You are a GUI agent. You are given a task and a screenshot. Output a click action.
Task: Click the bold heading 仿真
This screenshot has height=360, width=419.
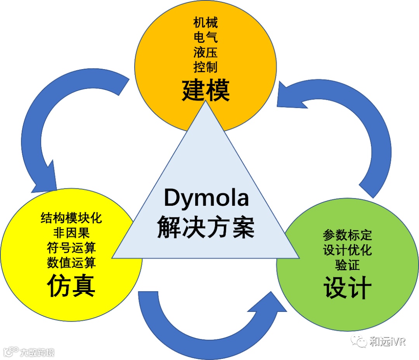(x=71, y=286)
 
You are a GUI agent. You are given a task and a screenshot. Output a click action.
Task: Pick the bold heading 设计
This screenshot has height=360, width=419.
(x=347, y=287)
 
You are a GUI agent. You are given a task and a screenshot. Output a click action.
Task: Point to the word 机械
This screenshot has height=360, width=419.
(x=206, y=23)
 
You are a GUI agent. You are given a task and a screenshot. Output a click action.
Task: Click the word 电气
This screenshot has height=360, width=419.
(x=206, y=38)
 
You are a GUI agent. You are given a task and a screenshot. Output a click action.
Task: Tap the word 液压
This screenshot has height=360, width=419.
(x=206, y=52)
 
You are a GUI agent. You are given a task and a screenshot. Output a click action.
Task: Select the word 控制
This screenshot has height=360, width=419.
(x=206, y=67)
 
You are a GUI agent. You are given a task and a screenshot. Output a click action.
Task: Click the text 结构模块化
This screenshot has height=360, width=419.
(x=71, y=218)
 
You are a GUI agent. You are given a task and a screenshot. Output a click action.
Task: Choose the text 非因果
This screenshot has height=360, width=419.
(x=71, y=233)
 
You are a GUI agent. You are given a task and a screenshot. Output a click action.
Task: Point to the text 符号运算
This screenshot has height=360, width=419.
(x=71, y=248)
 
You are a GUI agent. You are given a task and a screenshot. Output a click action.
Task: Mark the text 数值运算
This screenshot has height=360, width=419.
(x=71, y=263)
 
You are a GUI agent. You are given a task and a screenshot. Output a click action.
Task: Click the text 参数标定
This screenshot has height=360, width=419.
(x=347, y=235)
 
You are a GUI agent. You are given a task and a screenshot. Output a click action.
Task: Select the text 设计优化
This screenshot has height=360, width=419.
(x=347, y=250)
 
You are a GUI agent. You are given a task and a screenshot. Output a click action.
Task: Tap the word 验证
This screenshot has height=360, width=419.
(x=347, y=265)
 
